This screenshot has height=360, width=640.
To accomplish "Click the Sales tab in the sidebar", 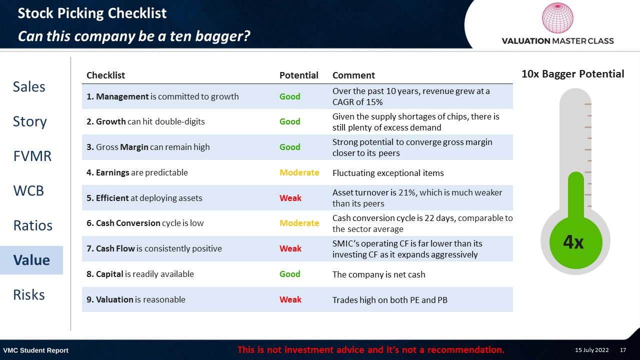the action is point(29,86).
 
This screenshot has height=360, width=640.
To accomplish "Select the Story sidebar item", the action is point(29,121).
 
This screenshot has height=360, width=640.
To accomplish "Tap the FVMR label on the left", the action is point(32,156).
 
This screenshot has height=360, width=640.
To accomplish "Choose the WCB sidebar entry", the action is point(28,190).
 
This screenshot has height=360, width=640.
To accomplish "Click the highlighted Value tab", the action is point(31,260).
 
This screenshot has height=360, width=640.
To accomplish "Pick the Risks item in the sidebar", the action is point(29,294).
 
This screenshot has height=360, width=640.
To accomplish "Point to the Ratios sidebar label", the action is point(33,225).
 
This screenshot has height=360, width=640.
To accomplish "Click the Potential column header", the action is point(298,75).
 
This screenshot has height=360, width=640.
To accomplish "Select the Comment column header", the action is point(353,75).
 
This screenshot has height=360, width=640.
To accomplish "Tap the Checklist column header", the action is point(105,75).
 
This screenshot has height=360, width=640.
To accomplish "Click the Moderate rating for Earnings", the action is point(299,172).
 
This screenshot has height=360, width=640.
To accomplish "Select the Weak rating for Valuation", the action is point(290,299).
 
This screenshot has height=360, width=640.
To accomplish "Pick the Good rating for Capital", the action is point(289,274).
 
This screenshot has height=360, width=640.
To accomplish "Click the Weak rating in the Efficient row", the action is point(290,198).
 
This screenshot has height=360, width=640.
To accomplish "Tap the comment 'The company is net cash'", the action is point(378,274).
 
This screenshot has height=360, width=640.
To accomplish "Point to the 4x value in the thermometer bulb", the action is point(573,242).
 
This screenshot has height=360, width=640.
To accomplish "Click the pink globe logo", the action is point(557,17).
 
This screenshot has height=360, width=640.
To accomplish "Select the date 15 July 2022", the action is point(591,350).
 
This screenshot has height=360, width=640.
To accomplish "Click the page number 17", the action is point(623,350).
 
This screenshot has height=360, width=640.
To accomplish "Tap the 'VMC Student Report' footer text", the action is point(35,350).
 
